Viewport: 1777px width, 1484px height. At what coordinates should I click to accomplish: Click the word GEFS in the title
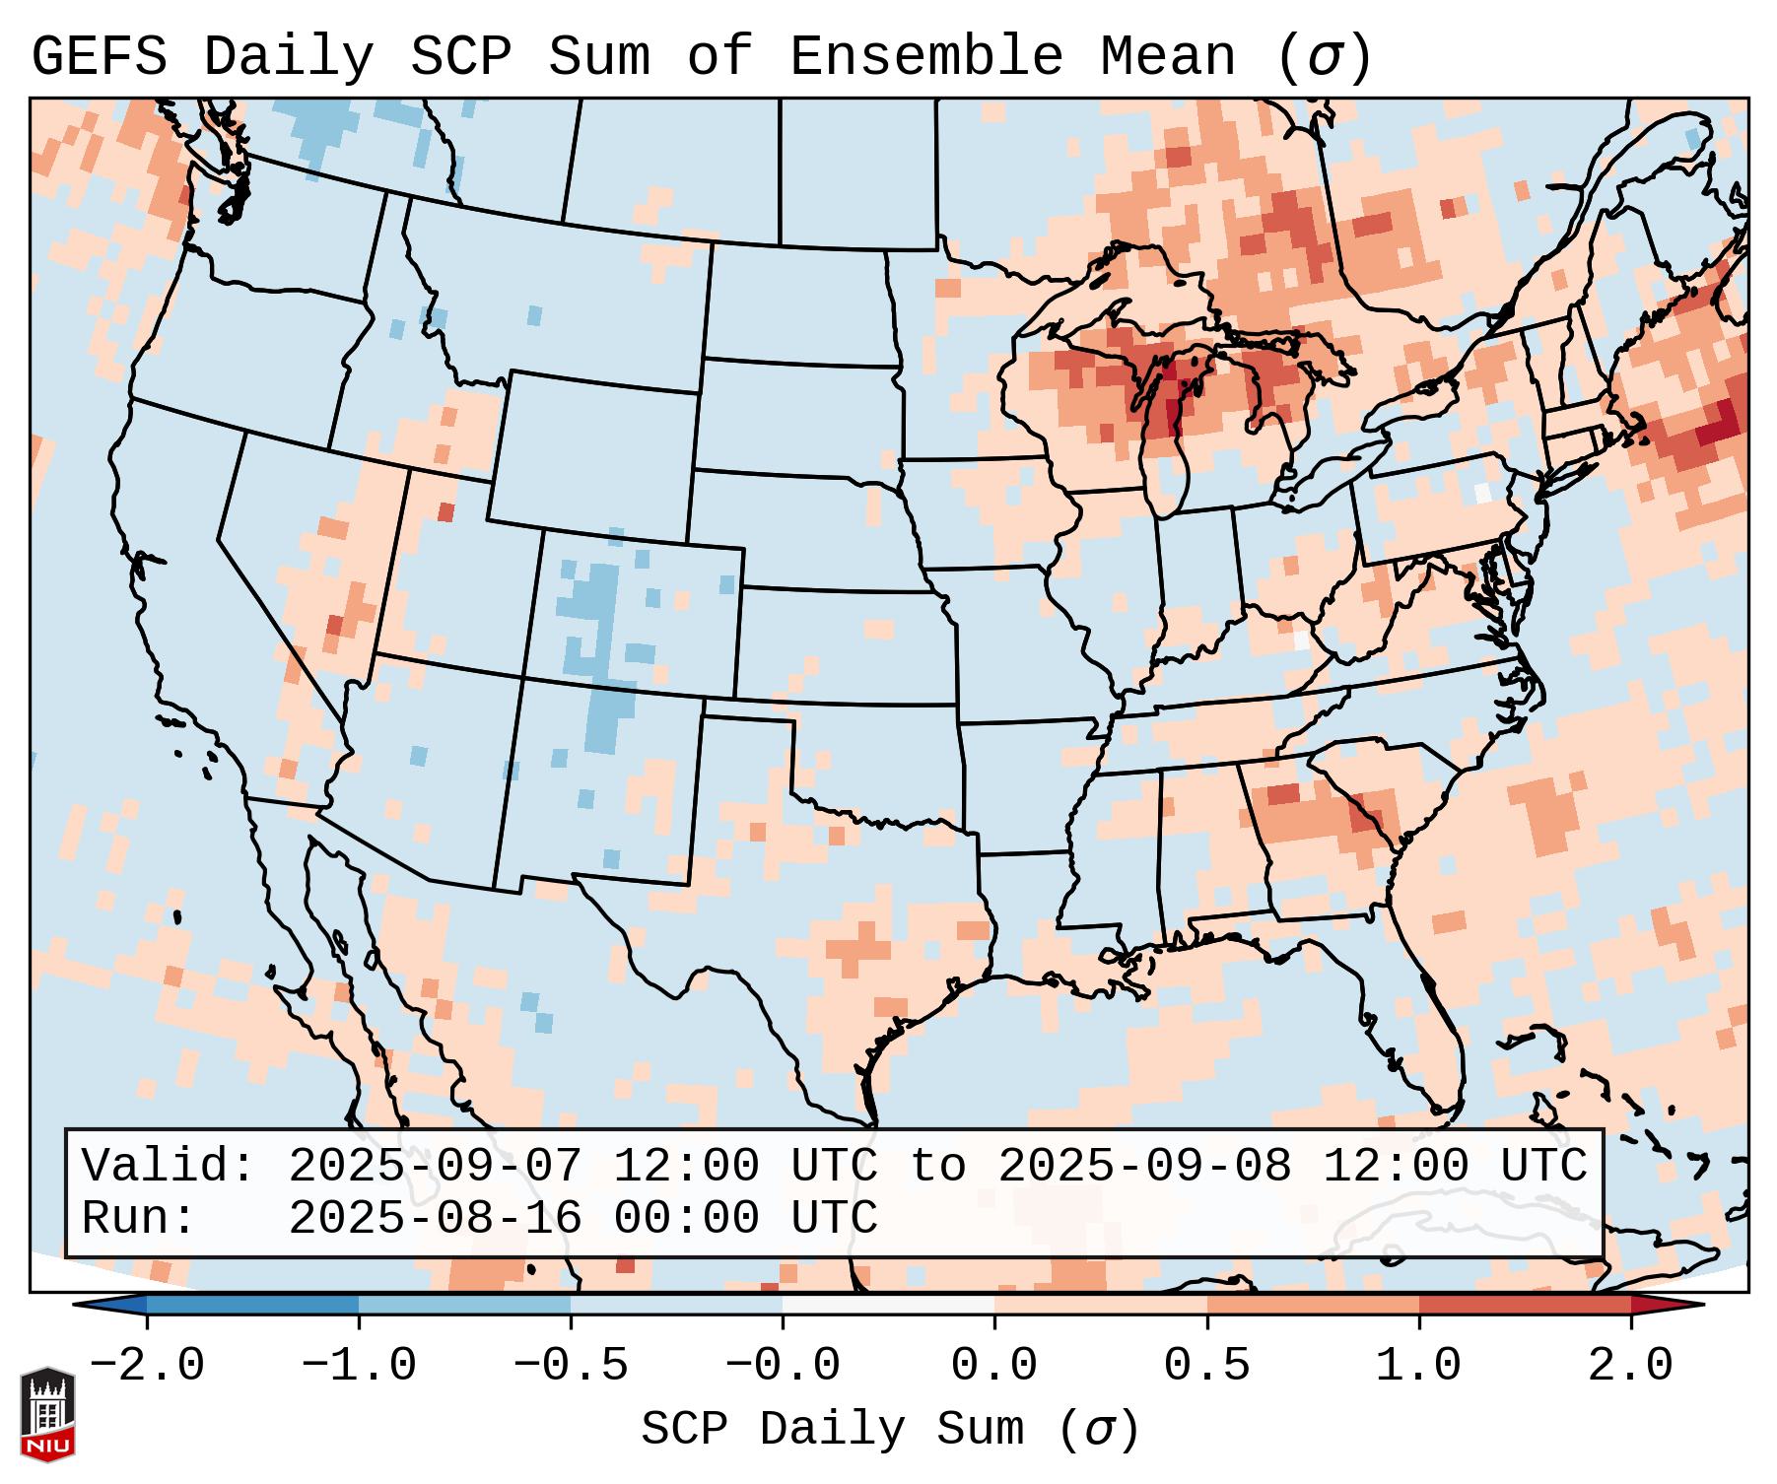[99, 57]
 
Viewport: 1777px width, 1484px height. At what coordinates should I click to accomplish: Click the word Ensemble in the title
[925, 57]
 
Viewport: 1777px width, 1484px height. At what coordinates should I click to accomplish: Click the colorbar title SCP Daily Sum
[832, 1430]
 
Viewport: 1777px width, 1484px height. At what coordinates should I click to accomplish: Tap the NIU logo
[47, 1414]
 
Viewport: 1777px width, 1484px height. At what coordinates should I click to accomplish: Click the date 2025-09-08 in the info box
[1145, 1167]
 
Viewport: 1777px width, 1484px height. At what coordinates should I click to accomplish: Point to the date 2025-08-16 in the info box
[435, 1219]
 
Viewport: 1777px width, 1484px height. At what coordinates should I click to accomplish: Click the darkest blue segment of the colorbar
[252, 1305]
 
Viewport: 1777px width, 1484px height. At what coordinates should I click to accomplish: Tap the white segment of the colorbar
[888, 1305]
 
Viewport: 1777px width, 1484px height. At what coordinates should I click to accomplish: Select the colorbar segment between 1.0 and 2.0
[1525, 1305]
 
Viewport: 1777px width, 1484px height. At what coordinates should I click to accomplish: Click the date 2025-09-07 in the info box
[435, 1167]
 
